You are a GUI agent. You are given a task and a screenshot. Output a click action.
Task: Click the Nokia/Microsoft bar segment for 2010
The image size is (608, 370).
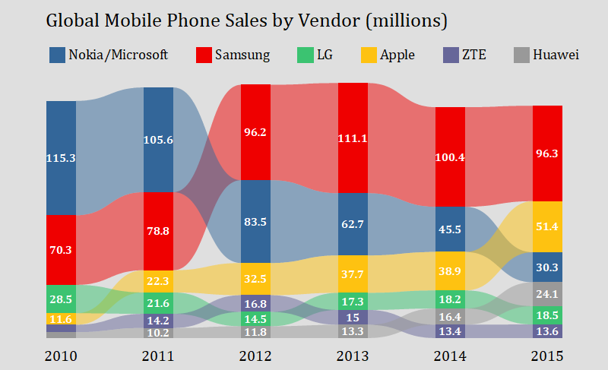click(x=61, y=158)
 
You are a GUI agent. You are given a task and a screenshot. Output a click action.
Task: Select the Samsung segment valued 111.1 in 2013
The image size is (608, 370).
click(x=353, y=138)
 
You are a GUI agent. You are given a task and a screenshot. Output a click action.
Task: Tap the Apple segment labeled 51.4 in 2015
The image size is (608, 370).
click(x=547, y=226)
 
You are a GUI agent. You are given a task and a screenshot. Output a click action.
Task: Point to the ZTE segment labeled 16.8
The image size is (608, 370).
click(x=255, y=304)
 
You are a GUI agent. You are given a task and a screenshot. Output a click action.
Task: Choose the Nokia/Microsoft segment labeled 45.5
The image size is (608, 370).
click(x=450, y=229)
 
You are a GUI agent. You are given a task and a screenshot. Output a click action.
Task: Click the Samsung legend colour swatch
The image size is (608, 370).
click(x=203, y=55)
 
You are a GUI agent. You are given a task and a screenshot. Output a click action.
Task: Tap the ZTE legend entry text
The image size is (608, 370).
click(x=475, y=55)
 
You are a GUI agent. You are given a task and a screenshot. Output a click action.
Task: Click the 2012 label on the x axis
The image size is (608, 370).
click(x=255, y=356)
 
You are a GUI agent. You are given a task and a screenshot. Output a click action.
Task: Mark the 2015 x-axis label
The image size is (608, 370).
click(x=547, y=356)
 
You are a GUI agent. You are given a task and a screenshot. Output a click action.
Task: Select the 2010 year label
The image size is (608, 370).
click(x=61, y=356)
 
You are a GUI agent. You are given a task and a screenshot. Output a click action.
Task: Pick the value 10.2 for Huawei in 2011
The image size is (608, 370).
click(x=158, y=333)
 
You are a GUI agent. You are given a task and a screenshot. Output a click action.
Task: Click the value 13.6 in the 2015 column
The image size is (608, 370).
click(x=547, y=331)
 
